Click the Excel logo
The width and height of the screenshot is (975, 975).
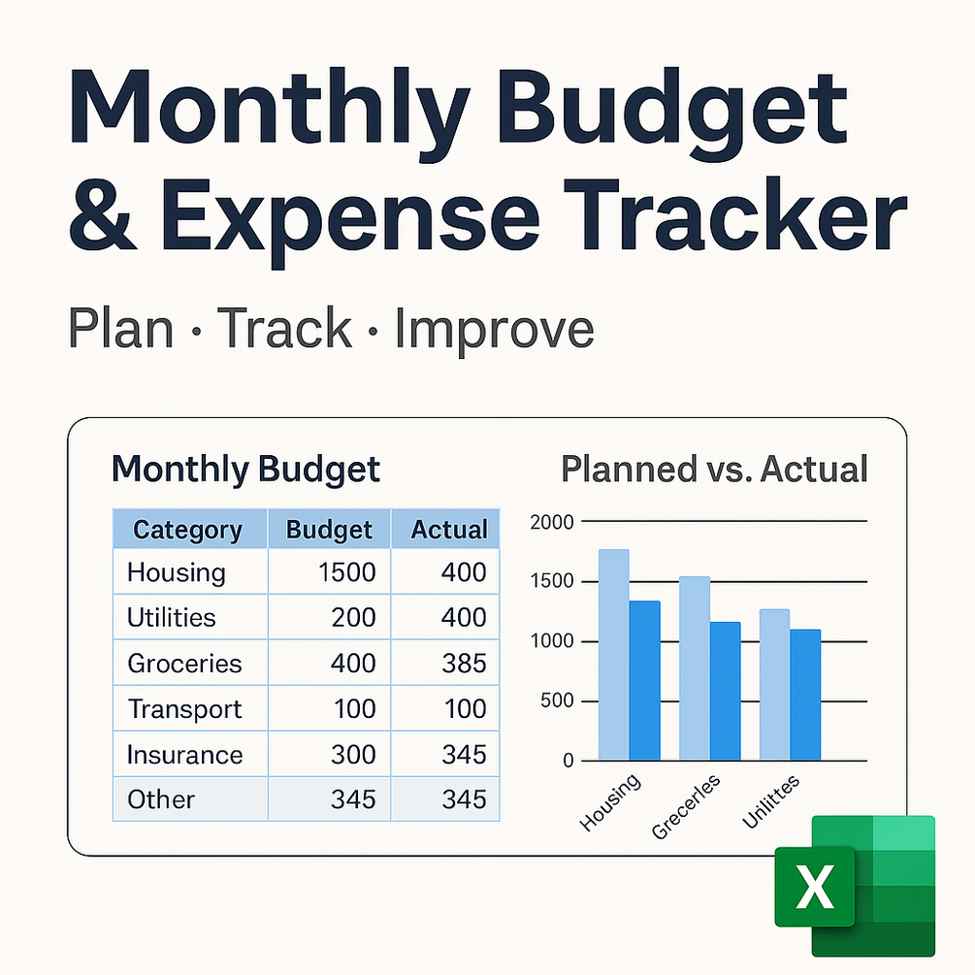(855, 886)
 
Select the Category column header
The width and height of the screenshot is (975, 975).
(189, 529)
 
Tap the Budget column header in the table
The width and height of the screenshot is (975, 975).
(329, 529)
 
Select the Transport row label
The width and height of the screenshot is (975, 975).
(184, 709)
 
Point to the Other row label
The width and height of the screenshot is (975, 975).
(161, 799)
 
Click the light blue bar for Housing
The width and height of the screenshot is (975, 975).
(614, 654)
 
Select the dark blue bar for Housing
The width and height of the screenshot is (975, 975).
(645, 680)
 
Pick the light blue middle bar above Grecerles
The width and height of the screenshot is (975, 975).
(695, 667)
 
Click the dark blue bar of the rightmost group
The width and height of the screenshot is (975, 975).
(805, 695)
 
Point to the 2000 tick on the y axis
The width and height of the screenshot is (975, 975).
(552, 522)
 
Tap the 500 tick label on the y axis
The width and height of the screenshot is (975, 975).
(557, 700)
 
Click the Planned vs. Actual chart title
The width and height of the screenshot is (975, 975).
(714, 469)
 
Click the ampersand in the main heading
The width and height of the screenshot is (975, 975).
(101, 215)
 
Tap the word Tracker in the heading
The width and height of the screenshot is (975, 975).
(733, 213)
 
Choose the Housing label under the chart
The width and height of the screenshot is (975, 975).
(610, 802)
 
